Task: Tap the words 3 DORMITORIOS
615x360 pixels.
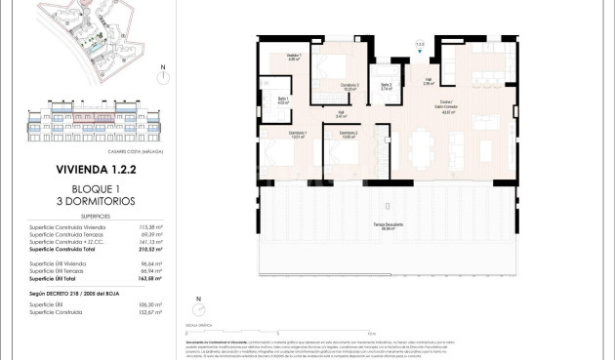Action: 96,201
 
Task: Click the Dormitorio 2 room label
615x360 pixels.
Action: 348,134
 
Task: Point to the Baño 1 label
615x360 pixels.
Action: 283,100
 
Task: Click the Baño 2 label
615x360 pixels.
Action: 387,87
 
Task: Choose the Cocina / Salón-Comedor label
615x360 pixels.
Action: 450,110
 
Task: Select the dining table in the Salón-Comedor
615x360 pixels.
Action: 421,146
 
